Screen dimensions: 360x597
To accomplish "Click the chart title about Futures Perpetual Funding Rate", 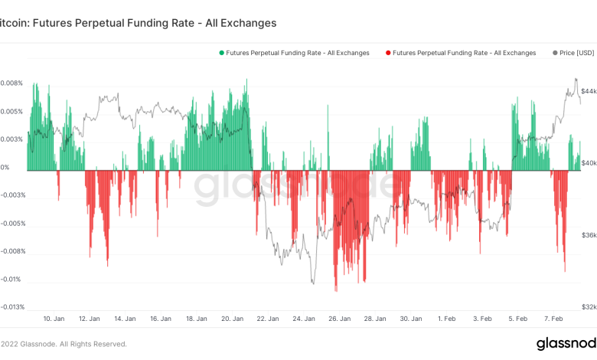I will (x=138, y=23).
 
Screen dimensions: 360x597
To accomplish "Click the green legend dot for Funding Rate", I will (x=222, y=53).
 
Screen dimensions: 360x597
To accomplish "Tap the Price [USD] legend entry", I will (x=573, y=53).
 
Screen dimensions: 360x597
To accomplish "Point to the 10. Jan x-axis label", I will (x=53, y=318).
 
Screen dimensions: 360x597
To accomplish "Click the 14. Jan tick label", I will (x=125, y=318).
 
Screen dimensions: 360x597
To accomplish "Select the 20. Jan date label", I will (x=233, y=318).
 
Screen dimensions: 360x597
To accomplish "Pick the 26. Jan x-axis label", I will (x=340, y=318).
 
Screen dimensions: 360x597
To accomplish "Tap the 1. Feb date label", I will (x=448, y=318).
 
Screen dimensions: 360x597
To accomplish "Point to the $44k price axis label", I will (x=586, y=90).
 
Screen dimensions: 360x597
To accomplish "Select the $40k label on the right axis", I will (x=586, y=162).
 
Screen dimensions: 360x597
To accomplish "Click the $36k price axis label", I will (x=586, y=235).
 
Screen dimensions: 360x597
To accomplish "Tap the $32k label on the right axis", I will (x=586, y=307).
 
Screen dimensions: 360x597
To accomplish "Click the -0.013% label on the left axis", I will (x=11, y=307).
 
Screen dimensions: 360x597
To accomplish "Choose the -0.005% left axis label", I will (x=11, y=224).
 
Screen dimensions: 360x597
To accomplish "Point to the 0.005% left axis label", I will (x=11, y=111).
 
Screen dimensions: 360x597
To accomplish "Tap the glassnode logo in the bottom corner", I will (x=566, y=342).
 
